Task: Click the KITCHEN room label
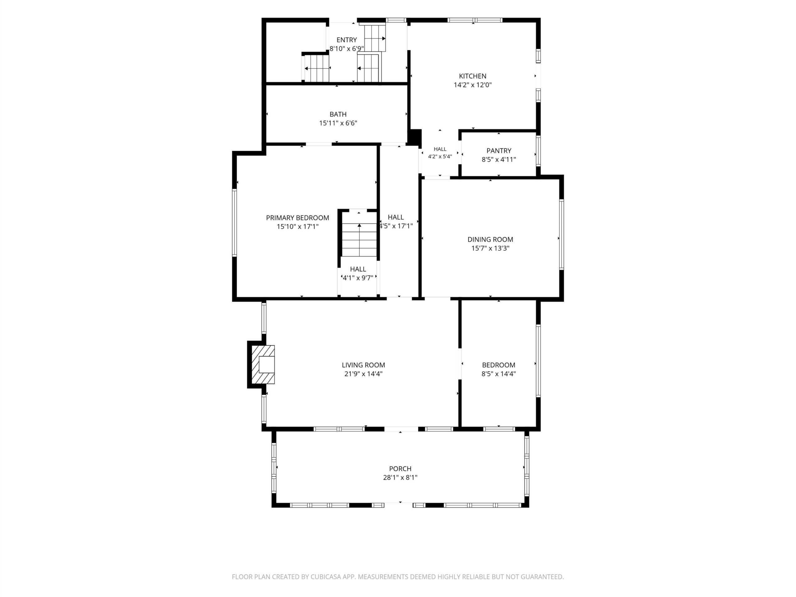(473, 76)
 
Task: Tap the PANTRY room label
(499, 151)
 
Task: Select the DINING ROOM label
(490, 239)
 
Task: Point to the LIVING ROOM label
(363, 365)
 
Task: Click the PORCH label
(400, 469)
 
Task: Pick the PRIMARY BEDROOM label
(298, 218)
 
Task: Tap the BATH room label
(338, 114)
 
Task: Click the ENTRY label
(347, 40)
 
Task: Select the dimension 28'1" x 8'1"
(400, 478)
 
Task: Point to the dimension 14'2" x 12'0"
(473, 85)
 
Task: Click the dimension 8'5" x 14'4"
(499, 373)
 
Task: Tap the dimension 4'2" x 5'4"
(440, 156)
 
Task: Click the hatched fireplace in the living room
(263, 364)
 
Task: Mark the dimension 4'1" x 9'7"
(358, 278)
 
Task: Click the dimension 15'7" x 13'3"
(490, 248)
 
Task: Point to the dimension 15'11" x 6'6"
(338, 123)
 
